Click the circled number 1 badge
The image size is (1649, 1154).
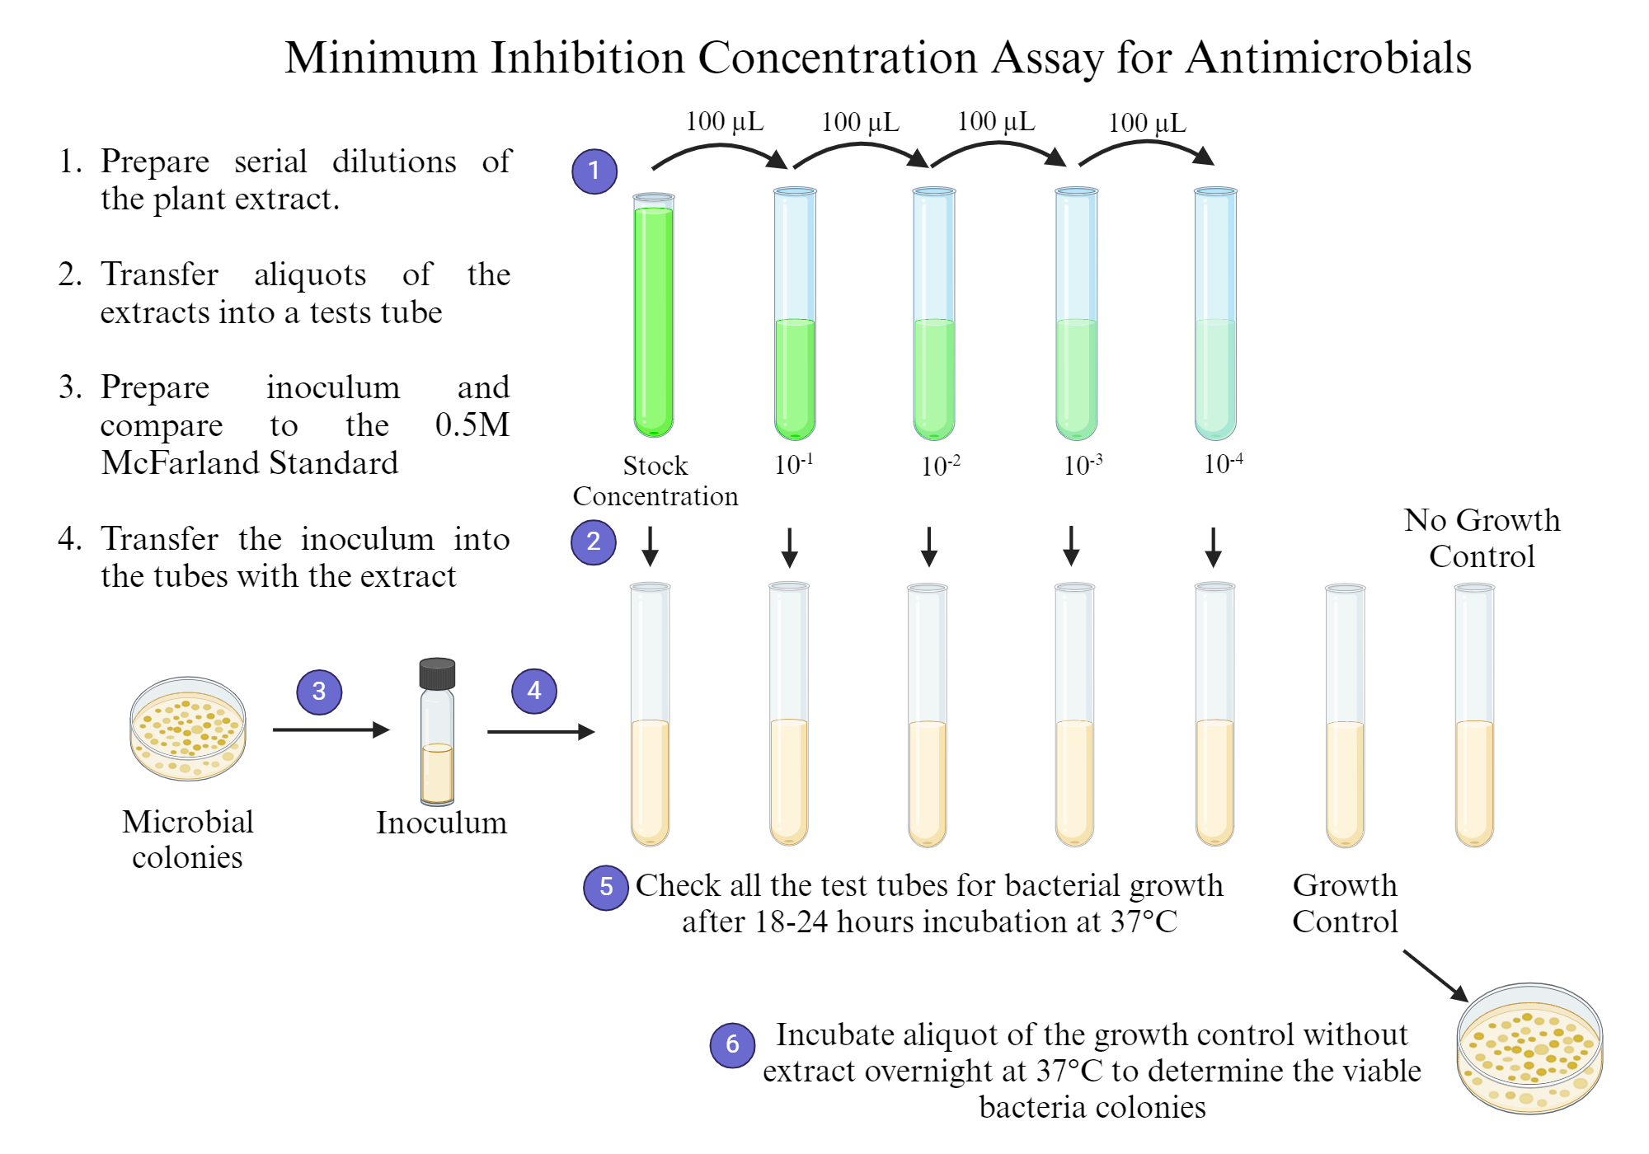pos(594,171)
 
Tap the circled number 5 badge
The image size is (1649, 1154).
pos(606,887)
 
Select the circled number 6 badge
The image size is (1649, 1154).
pos(732,1044)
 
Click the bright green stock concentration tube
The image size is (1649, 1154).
pos(654,317)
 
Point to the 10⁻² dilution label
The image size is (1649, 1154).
pos(940,466)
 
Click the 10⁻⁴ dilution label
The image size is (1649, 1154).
pos(1223,464)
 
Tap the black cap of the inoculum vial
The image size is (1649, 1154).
pos(437,673)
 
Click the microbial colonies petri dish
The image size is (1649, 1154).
pos(188,729)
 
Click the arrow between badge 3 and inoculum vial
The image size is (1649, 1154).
pos(330,729)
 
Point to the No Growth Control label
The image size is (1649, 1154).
pos(1482,537)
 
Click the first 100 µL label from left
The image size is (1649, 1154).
pos(725,122)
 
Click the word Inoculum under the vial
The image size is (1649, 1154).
pos(441,823)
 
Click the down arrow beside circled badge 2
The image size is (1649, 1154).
pos(650,546)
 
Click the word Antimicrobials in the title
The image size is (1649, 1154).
pos(1328,58)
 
